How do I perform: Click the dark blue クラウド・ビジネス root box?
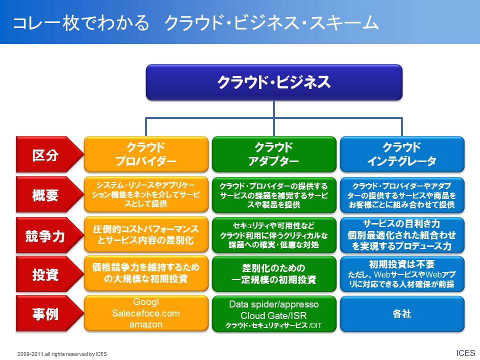[274, 82]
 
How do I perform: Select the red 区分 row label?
[49, 154]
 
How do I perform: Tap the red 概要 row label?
[49, 194]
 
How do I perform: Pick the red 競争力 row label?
[49, 235]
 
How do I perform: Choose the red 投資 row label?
[49, 274]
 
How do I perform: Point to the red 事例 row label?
[49, 313]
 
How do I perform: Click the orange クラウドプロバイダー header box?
[146, 154]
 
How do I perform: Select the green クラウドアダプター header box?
[274, 154]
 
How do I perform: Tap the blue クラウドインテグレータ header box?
[402, 154]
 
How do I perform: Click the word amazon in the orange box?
[145, 324]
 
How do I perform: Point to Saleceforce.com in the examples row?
[145, 313]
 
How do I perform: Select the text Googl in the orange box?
[146, 302]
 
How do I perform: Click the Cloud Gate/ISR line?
[273, 315]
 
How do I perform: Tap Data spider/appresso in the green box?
[273, 304]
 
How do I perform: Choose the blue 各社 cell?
[402, 314]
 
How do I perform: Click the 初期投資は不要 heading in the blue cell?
[401, 264]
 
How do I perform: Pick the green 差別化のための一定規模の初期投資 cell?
[274, 274]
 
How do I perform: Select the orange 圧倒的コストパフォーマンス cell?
[146, 234]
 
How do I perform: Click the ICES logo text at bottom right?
[466, 353]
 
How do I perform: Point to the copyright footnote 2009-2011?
[62, 354]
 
